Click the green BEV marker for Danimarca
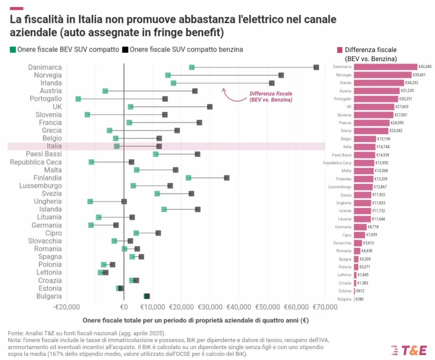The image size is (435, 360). coord(192,67)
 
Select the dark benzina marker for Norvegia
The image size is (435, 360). coord(281,75)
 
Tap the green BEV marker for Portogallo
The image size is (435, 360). coord(78,99)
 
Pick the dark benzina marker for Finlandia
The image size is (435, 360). coord(227,178)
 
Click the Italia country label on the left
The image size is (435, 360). coord(54,146)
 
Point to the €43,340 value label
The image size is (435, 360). coord(425,67)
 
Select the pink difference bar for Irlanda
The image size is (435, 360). coord(379,83)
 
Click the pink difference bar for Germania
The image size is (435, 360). coord(360,227)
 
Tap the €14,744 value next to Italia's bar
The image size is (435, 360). coord(383,147)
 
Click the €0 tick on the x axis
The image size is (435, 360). coord(124,307)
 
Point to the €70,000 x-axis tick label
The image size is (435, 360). coord(325,307)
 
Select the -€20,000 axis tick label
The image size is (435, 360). coord(67,307)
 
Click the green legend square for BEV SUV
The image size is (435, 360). coord(13,50)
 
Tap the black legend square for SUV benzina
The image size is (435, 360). coord(125,50)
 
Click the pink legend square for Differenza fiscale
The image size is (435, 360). coord(340,50)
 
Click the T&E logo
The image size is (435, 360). coord(409,350)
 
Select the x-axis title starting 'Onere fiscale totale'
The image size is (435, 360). coord(195,320)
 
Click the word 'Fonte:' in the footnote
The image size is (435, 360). coord(16,333)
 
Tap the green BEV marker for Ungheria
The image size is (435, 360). coord(90,201)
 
